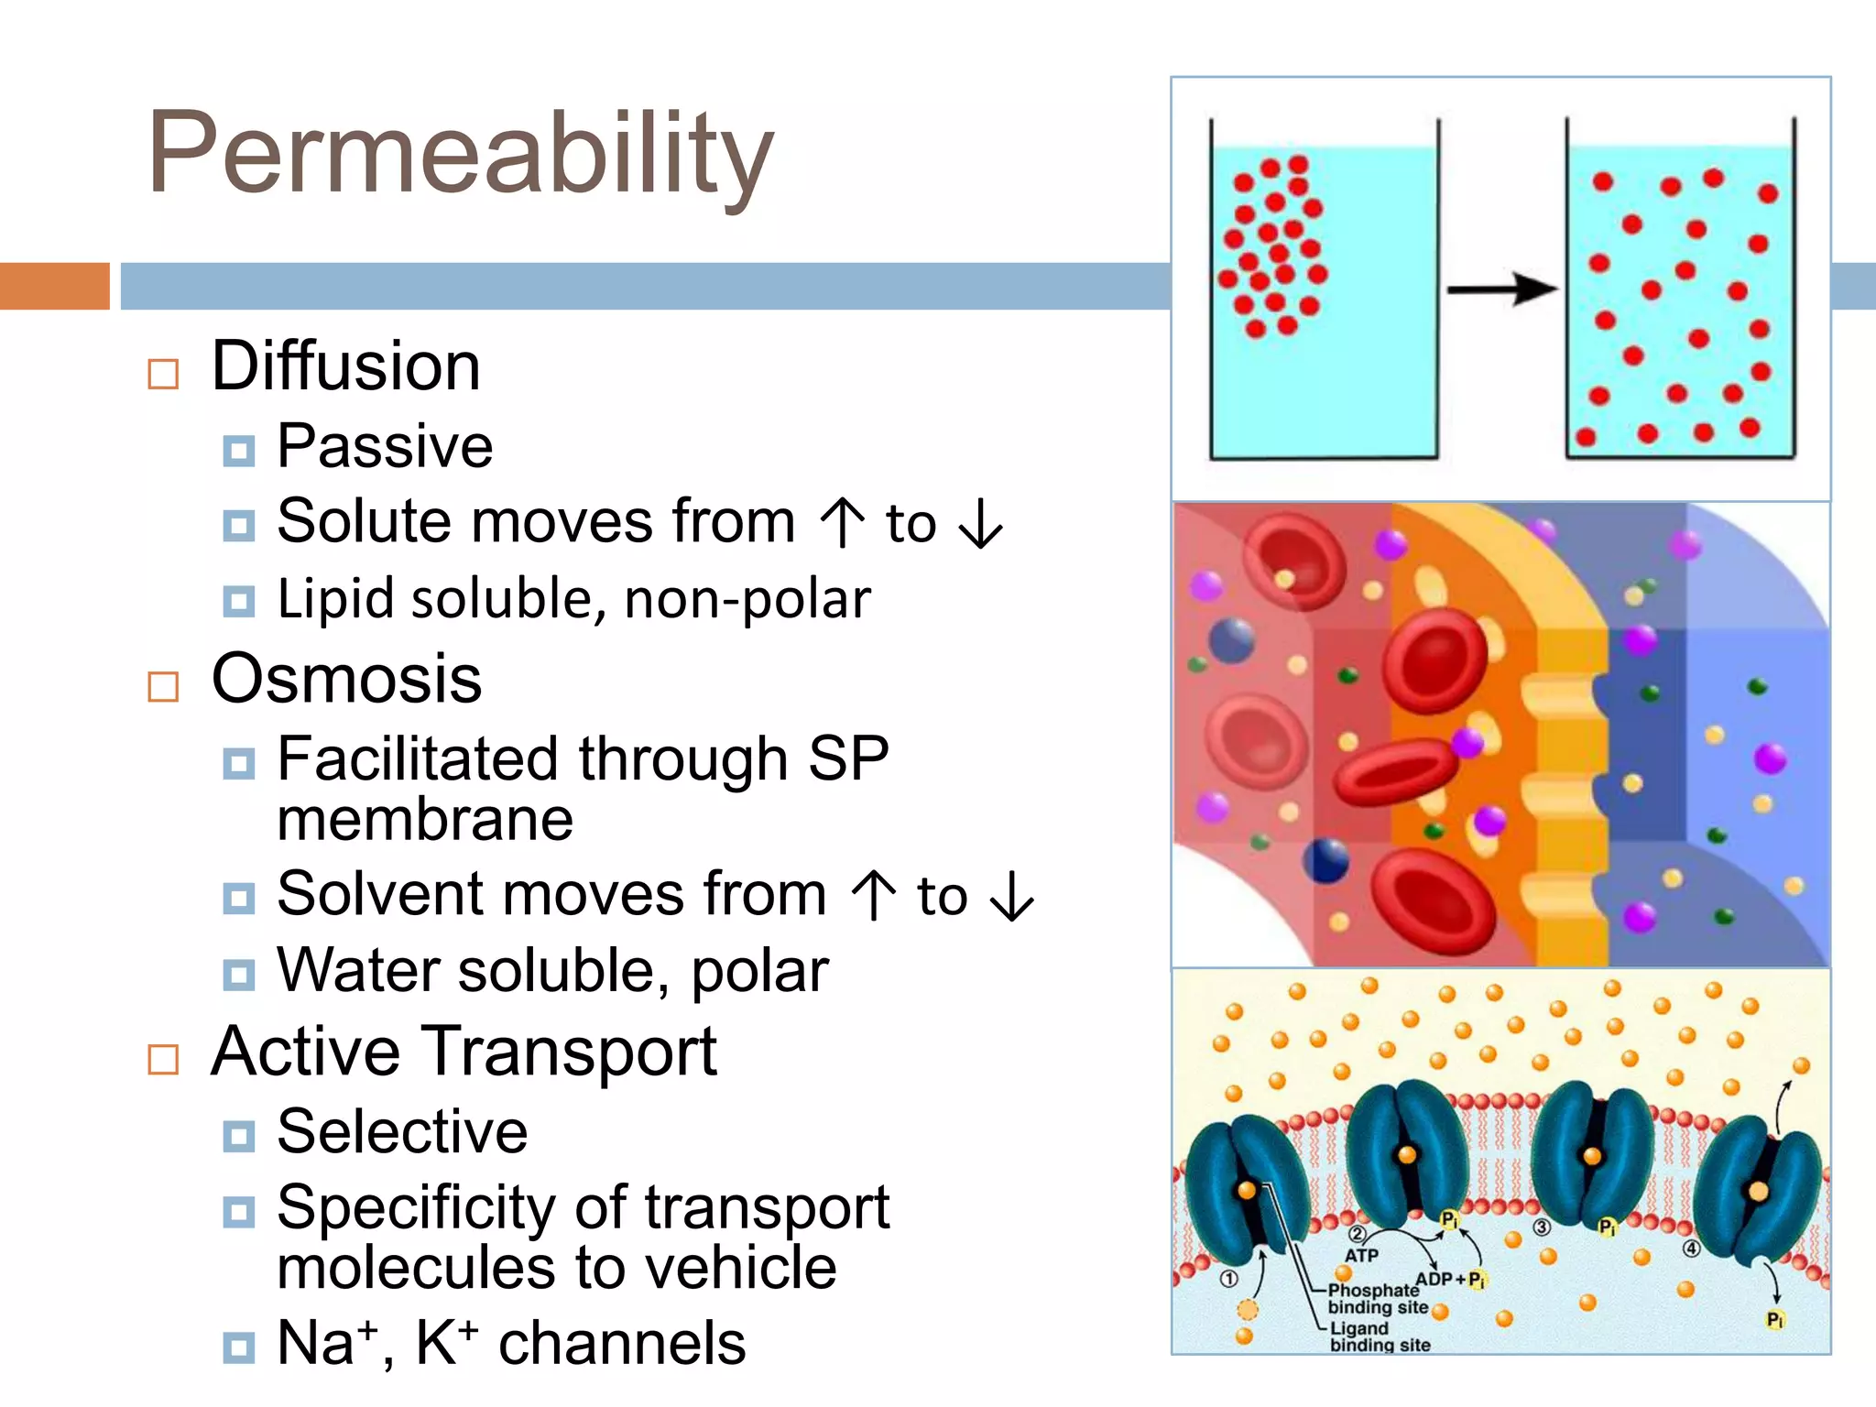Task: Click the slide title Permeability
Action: pos(461,154)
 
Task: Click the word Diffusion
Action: pos(345,366)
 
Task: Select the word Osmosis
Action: pos(346,680)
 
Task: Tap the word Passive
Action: pos(385,447)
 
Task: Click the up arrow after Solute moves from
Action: pos(842,522)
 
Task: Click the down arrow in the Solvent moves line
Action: pos(1012,896)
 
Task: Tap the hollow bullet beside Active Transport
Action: pos(163,1059)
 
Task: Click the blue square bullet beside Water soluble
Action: pos(239,976)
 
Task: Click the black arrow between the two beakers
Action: pos(1501,289)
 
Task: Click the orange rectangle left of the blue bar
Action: pos(55,286)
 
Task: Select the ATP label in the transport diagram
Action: pos(1361,1255)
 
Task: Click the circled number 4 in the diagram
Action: pos(1691,1249)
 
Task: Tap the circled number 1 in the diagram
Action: pos(1229,1278)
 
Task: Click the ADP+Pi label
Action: pos(1450,1279)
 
